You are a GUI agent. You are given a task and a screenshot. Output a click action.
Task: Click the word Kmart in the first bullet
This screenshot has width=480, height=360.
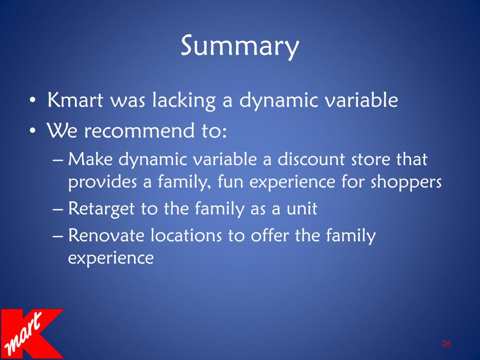[x=74, y=101]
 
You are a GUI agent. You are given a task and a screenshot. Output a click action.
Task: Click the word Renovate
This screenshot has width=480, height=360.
[x=107, y=236]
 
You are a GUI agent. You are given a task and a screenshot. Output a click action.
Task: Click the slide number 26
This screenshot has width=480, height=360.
[x=446, y=344]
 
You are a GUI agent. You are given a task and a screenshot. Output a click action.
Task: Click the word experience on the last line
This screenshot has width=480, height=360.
[x=111, y=258]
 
